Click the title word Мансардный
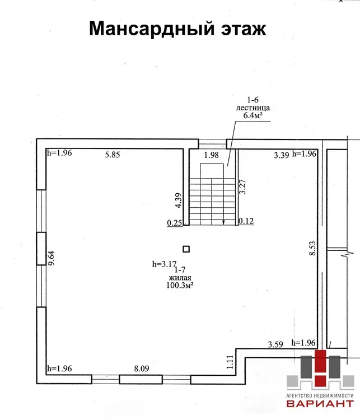coord(152,29)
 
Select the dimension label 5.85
coord(113,155)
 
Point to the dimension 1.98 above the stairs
coord(211,155)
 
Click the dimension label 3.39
coord(281,155)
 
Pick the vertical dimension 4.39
coord(178,200)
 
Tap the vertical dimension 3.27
coord(242,186)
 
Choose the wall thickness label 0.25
coord(174,223)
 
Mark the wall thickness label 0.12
coord(246,221)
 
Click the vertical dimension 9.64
coord(51,258)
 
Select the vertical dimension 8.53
coord(312,248)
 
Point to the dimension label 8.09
coord(142,368)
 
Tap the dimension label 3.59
coord(275,344)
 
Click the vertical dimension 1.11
coord(230,362)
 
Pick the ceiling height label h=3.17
coord(164,264)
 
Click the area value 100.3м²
coord(180,285)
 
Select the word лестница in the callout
coord(253,108)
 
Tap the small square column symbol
coord(186,249)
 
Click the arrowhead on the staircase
coord(223,222)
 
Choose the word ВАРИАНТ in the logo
coord(320,404)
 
